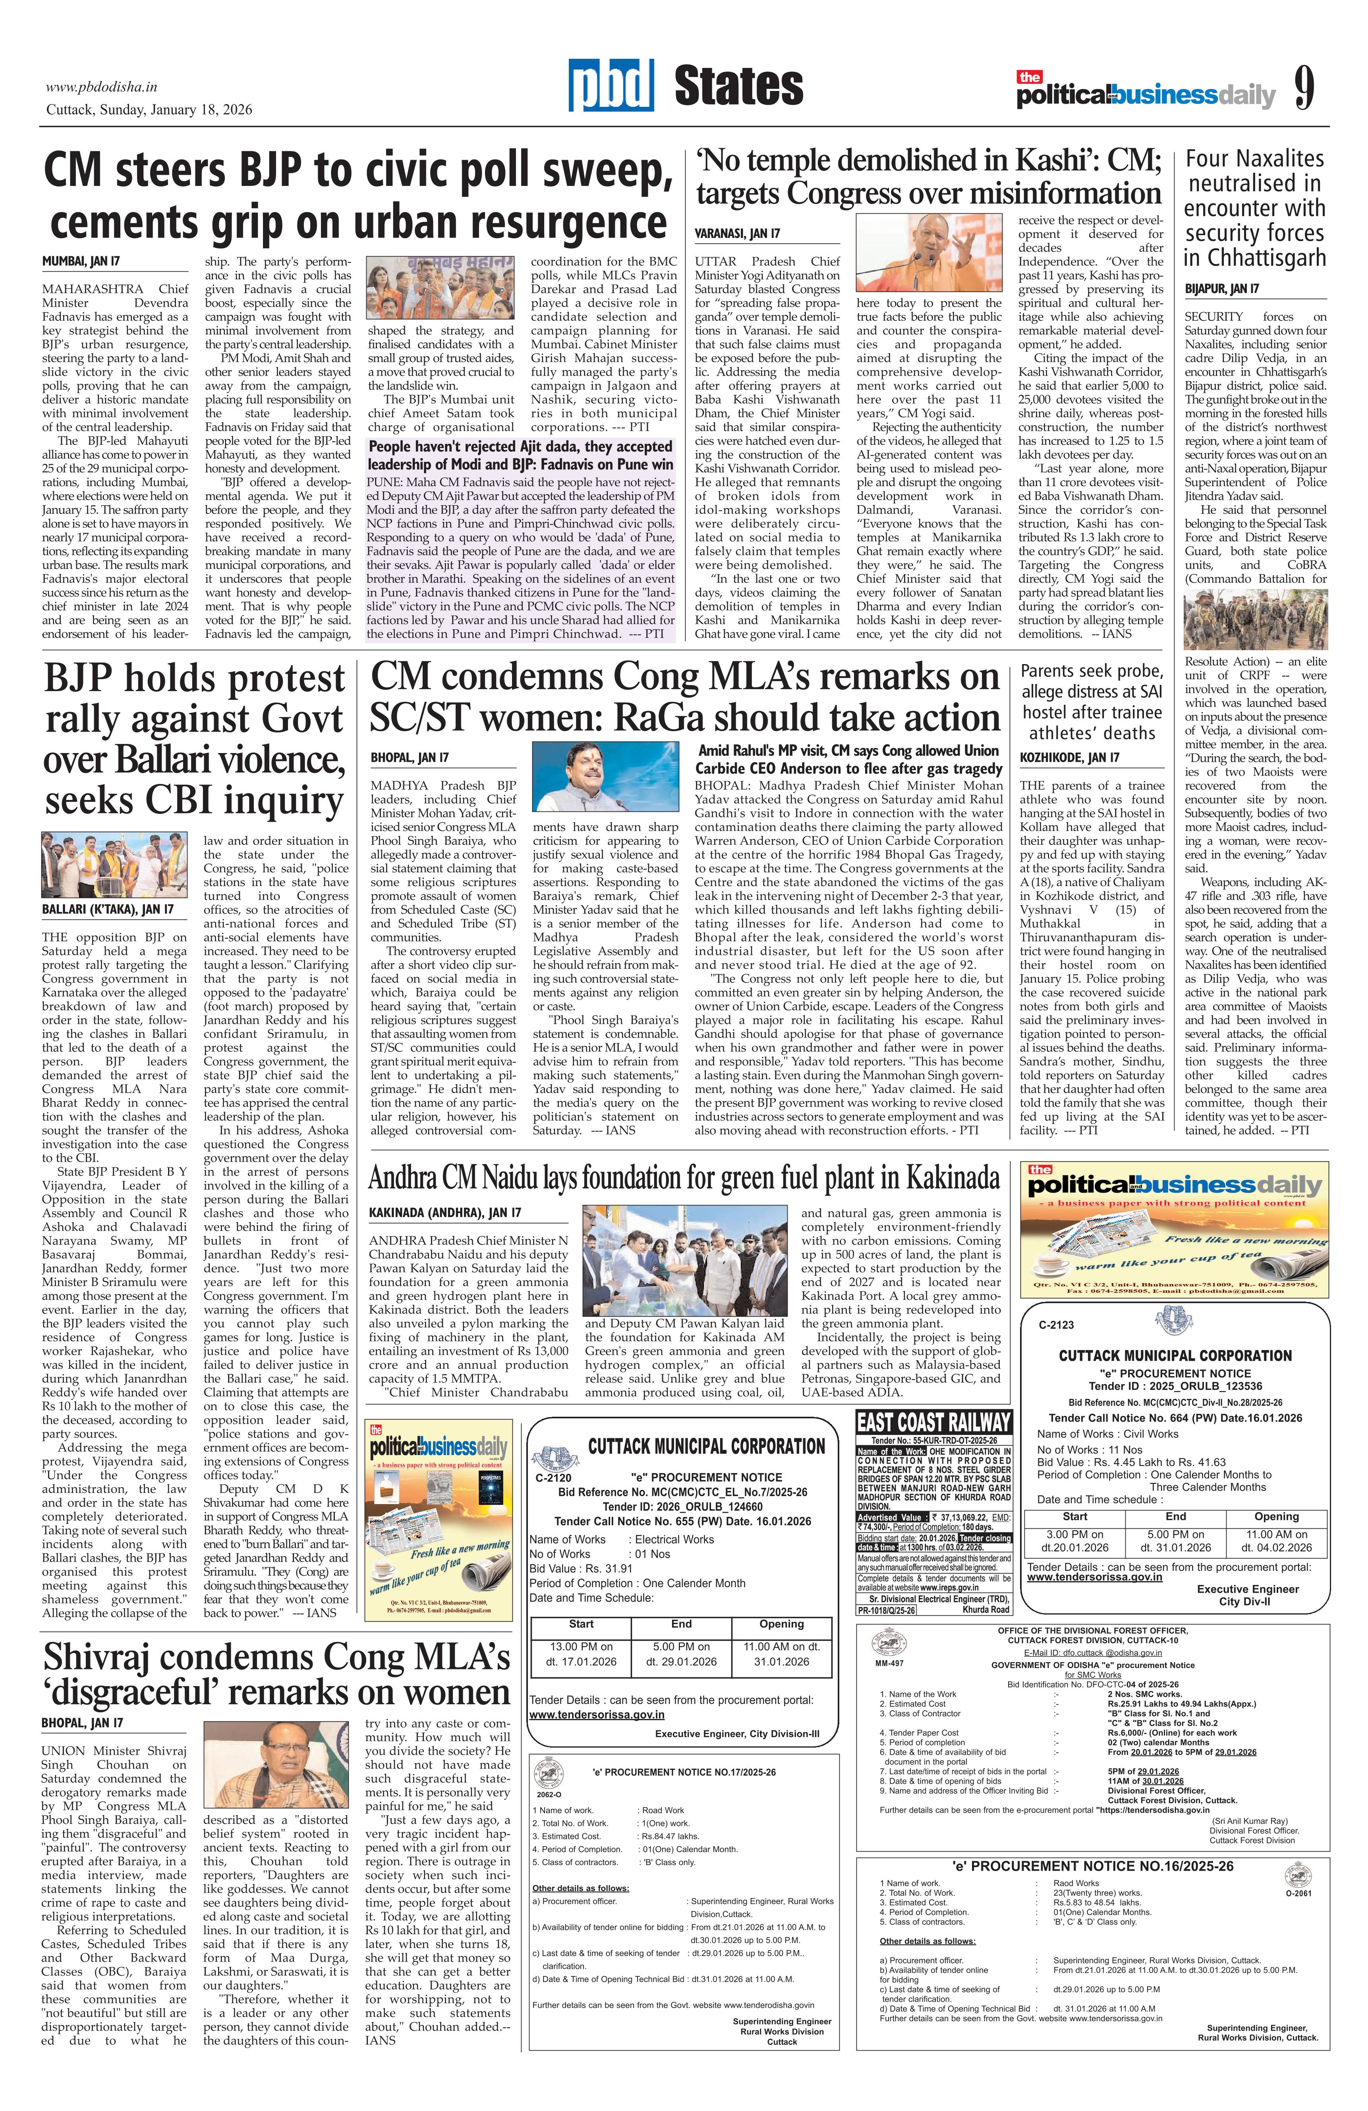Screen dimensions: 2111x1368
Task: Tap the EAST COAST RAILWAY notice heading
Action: coord(933,1423)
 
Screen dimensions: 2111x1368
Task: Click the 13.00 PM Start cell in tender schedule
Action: coord(581,1653)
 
